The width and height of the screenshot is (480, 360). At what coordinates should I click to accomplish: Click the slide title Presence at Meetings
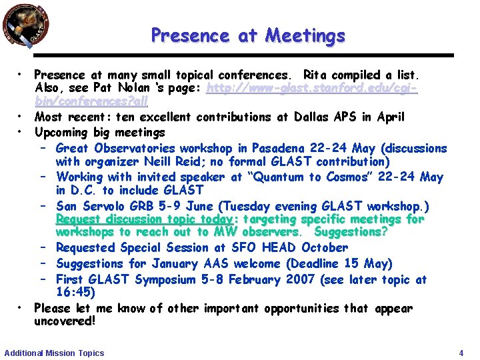tap(248, 35)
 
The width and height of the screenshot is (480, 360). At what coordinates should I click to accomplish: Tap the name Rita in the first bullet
tap(317, 75)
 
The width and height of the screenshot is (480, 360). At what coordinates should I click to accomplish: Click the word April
tap(390, 117)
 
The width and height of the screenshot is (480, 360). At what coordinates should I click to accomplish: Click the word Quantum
tap(282, 177)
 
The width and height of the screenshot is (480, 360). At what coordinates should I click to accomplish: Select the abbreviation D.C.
tap(85, 190)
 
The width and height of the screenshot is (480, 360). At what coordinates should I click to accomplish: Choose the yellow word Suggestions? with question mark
tap(351, 232)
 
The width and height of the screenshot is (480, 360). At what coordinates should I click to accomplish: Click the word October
tap(325, 247)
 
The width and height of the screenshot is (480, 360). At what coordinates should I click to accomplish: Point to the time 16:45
tap(75, 293)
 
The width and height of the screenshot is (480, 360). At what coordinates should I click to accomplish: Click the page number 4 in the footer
tap(461, 353)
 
